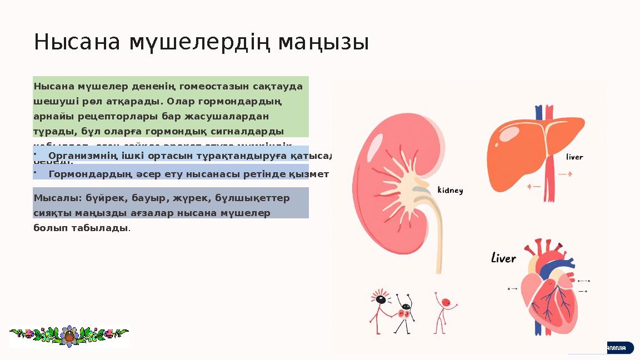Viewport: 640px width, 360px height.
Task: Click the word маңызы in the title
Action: pos(323,42)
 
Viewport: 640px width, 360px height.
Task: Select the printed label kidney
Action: pos(450,190)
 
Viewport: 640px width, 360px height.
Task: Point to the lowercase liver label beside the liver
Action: pos(574,157)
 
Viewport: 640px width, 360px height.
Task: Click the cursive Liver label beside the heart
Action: pos(504,258)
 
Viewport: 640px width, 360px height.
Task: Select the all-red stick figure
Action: pos(444,311)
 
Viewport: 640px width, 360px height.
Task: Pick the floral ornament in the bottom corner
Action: pos(69,336)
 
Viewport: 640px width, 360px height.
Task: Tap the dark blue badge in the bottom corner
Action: pos(617,348)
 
